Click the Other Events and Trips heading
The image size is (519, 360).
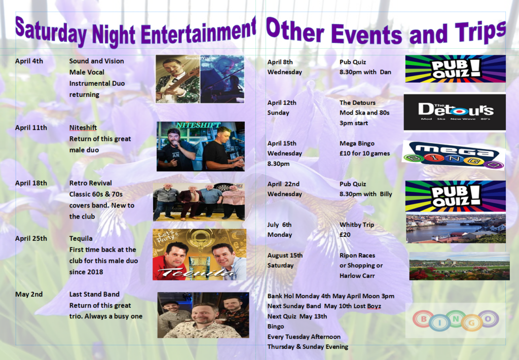386,32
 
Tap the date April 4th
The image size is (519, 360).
29,61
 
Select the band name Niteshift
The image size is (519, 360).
83,127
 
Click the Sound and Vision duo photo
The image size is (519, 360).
200,79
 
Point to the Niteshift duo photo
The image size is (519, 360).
201,147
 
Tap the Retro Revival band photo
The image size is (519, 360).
199,202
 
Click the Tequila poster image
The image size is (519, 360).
199,255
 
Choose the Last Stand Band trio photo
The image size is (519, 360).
203,315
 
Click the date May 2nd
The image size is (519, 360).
29,294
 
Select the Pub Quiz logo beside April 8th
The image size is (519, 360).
456,68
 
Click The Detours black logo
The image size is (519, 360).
455,112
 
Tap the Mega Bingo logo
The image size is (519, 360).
454,155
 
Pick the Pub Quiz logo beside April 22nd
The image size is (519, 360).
456,196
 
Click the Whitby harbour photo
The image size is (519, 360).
456,229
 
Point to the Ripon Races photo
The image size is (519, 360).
459,266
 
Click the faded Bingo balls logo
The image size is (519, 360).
456,320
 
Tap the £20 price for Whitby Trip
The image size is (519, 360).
345,234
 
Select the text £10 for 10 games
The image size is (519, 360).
365,153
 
